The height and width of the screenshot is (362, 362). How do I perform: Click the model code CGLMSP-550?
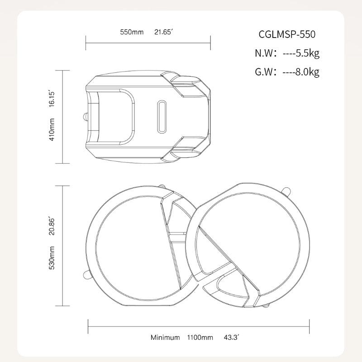(287, 34)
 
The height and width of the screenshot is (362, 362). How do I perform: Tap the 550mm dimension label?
(132, 32)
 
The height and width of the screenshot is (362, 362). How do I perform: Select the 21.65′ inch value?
(163, 32)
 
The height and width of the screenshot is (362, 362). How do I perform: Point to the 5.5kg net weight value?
(308, 53)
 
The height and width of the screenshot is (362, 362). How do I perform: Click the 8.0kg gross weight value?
(308, 72)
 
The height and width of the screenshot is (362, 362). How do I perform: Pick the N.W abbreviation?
(264, 53)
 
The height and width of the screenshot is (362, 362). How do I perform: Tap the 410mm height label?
(52, 129)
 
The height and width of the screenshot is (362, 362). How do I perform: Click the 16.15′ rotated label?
(52, 99)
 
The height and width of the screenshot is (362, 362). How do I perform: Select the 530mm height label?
(52, 257)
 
